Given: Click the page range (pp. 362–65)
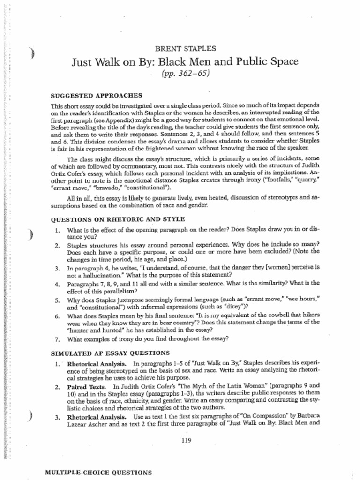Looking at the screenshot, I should click(185, 74).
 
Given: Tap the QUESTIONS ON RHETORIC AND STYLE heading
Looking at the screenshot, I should click(118, 219).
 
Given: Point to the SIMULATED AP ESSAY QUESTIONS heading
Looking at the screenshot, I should click(110, 352).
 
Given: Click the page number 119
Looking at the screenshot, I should click(186, 440).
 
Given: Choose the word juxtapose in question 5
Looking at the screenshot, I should click(124, 299).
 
